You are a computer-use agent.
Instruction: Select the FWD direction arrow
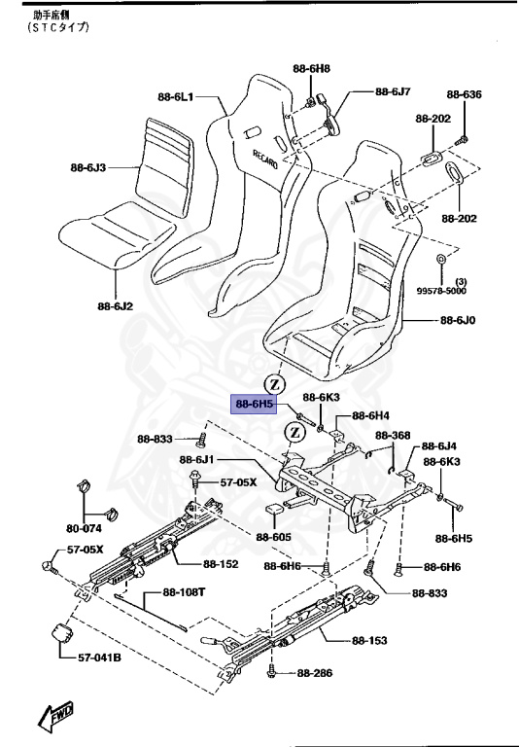[54, 716]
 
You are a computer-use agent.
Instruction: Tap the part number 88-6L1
[176, 97]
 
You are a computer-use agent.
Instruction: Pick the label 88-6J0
[457, 320]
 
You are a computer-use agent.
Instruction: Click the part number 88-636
[464, 94]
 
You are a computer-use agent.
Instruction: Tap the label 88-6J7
[394, 91]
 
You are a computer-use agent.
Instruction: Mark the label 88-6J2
[115, 307]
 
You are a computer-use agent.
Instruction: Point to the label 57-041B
[99, 658]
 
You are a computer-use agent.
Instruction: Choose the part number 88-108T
[184, 592]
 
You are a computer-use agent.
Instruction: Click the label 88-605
[274, 536]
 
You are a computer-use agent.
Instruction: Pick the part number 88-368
[394, 435]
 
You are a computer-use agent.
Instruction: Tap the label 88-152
[223, 562]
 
